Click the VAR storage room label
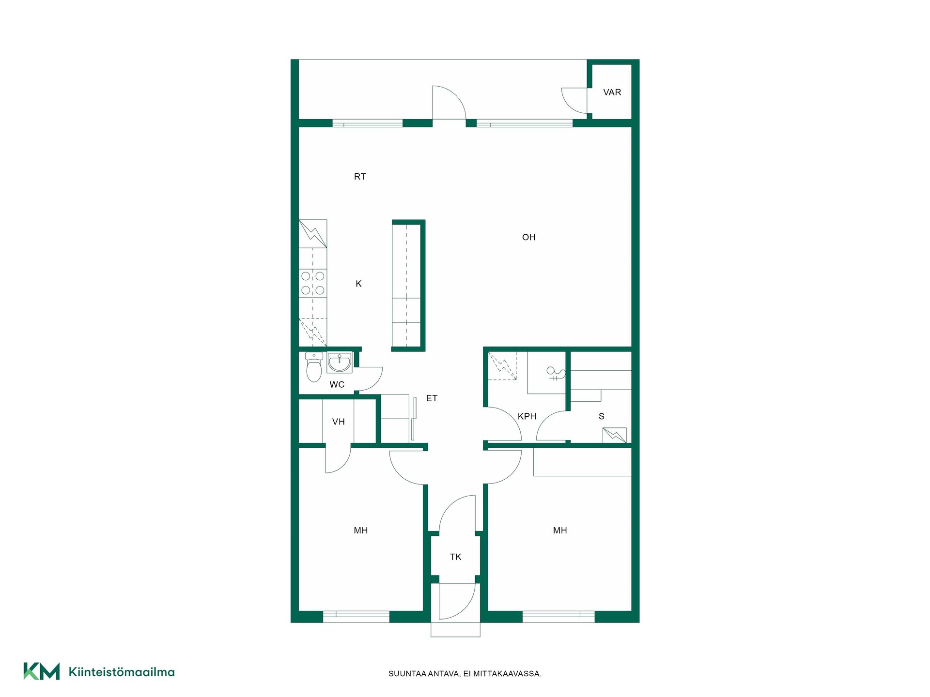point(612,92)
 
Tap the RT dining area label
point(360,177)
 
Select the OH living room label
point(529,237)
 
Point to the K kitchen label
point(358,284)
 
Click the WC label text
point(337,385)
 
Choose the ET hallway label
point(432,398)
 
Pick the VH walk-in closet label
point(339,422)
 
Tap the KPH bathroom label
point(527,416)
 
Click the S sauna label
point(602,416)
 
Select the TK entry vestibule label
point(455,557)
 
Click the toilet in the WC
point(314,367)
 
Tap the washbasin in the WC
point(340,363)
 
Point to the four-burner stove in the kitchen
point(313,283)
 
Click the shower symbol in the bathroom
point(556,373)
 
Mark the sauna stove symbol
point(614,435)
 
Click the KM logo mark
point(42,671)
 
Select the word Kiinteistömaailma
point(122,672)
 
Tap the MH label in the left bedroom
point(361,530)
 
